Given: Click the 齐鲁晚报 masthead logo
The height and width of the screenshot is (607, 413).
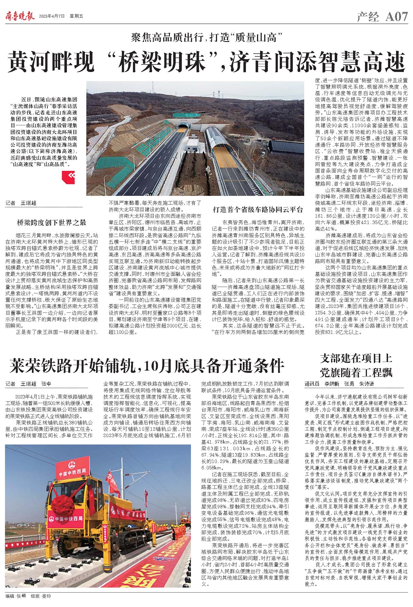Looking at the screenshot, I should [20, 16].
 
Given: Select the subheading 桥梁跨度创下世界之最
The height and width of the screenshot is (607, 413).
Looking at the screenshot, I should [52, 222].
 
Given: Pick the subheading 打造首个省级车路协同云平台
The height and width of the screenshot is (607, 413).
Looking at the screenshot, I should [258, 209].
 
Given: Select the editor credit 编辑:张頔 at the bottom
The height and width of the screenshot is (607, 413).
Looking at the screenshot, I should [16, 596].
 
